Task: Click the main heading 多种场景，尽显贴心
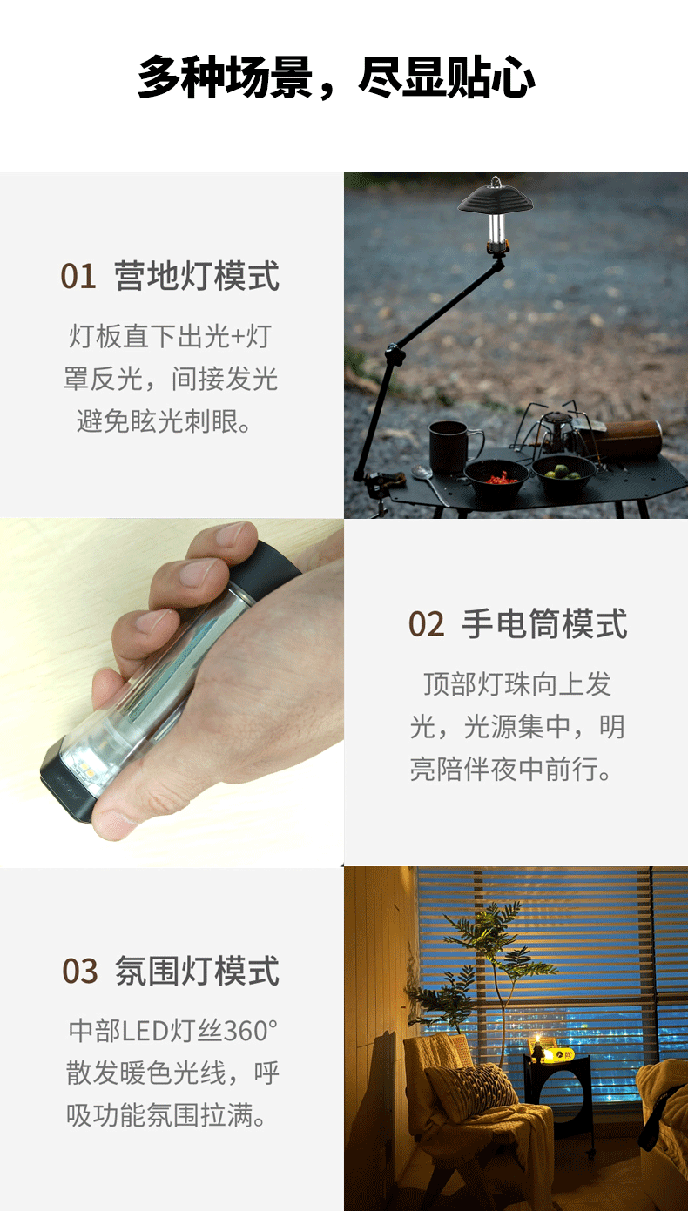click(x=336, y=77)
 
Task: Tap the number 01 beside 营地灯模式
click(x=78, y=276)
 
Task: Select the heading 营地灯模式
click(x=197, y=276)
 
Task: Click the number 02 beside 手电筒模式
click(x=426, y=624)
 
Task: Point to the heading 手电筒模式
click(x=544, y=623)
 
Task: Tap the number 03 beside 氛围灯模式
click(x=79, y=971)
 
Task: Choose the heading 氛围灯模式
click(x=197, y=971)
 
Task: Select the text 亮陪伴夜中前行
click(x=510, y=768)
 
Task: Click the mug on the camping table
click(x=453, y=447)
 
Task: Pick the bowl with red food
click(x=496, y=475)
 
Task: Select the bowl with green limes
click(x=563, y=472)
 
